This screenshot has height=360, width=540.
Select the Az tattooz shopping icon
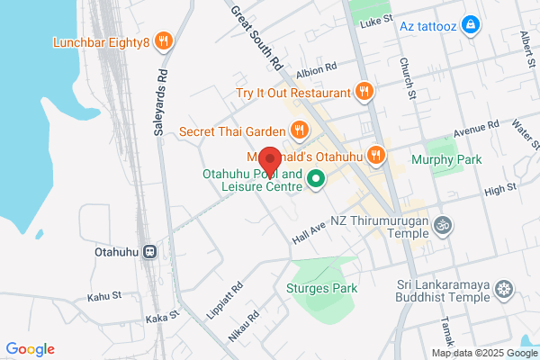469,23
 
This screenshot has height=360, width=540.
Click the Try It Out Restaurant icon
364,91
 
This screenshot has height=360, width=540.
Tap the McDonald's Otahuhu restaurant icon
376,156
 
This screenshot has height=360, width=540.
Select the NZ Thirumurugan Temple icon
442,223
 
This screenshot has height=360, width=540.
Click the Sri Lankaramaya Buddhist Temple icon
505,289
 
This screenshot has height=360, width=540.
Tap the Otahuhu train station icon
150,252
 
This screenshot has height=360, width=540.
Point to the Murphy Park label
445,159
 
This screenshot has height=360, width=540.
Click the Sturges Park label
321,289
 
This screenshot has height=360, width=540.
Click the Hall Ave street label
308,233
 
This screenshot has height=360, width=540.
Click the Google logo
30,349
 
